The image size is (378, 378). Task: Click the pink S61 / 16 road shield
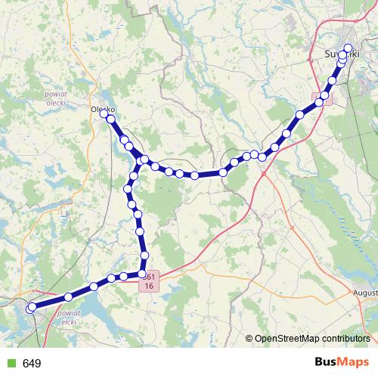pos(150,280)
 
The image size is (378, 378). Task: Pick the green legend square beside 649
pos(10,364)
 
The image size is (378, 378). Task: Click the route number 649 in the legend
pos(32,364)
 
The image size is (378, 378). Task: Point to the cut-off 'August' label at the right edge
pos(364,291)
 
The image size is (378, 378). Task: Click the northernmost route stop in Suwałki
pos(349,48)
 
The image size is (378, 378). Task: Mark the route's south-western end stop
pos(31,308)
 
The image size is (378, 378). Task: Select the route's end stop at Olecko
pos(104,114)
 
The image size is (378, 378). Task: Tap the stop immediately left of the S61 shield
pos(141,274)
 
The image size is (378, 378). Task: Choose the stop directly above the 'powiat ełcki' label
pos(69,296)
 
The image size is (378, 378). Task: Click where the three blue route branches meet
pos(141,161)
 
